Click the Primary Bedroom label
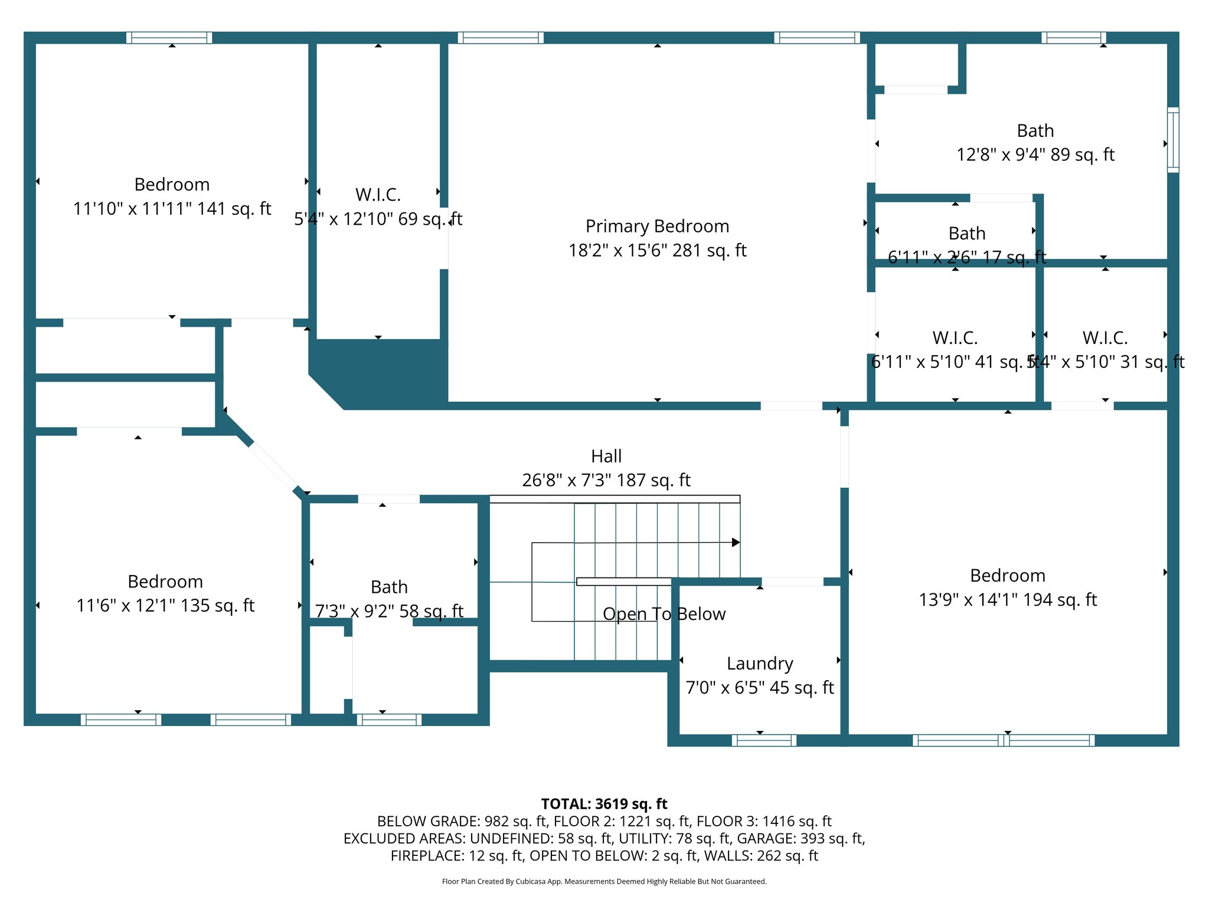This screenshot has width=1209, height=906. pos(657,226)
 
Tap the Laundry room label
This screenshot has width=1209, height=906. pos(760,664)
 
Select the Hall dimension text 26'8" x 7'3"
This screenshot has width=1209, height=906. pos(606,480)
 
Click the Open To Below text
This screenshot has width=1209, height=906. pos(664,614)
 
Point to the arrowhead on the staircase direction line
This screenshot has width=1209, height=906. pos(736,542)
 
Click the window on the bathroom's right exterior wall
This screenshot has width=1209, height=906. pos(1173,140)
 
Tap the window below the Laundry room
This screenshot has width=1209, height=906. pos(764,740)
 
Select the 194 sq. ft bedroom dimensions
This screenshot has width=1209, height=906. pos(1007,600)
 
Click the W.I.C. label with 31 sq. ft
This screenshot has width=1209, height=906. pos(1105,338)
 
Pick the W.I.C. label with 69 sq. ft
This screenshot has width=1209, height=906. pos(378,195)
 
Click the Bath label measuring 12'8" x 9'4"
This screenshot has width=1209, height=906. pos(1035,131)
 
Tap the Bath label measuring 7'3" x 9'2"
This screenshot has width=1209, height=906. pos(389,587)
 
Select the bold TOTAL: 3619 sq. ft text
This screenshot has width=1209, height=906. pos(604,804)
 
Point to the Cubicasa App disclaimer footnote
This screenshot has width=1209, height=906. pos(604,881)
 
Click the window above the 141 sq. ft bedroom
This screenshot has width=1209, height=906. pos(169,38)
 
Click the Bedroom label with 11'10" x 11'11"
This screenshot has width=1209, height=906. pos(172,185)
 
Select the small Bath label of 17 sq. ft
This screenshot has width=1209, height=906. pos(966,234)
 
